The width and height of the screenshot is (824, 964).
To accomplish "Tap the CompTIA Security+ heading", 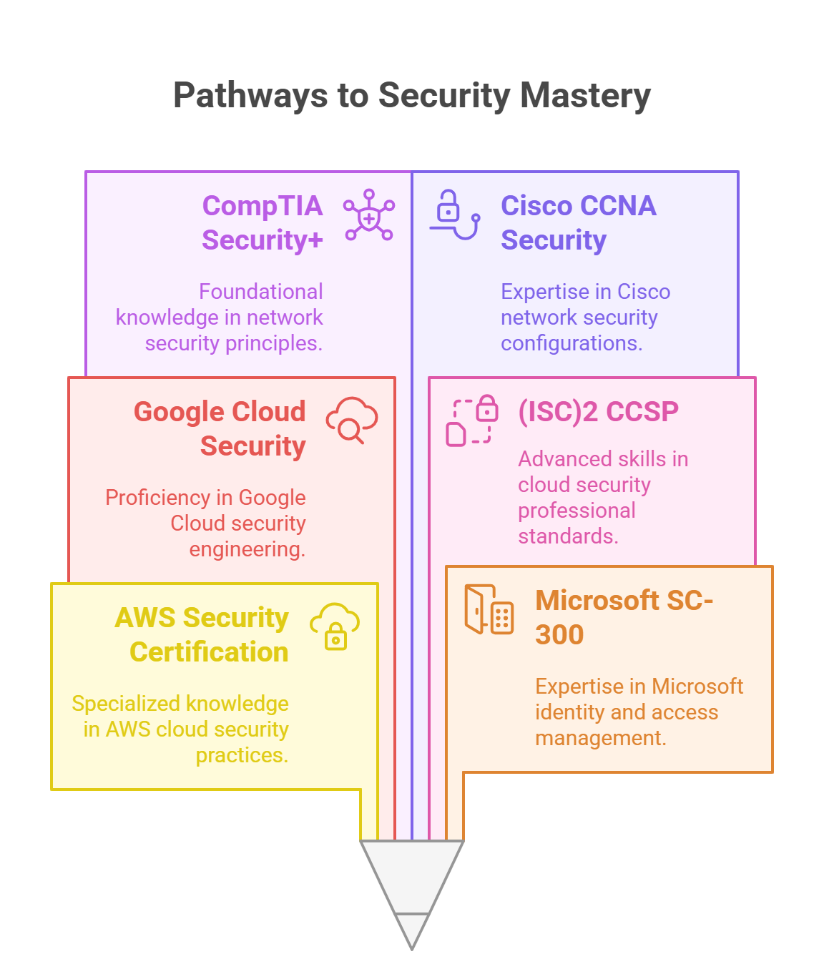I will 262,222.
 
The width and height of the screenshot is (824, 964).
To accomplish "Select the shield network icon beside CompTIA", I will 369,215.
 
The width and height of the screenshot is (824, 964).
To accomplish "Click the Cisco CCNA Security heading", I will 578,222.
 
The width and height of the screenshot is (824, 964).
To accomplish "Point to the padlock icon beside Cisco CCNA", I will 454,214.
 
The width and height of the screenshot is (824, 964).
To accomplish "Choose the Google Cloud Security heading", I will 220,428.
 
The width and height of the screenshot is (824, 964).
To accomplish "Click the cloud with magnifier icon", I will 352,420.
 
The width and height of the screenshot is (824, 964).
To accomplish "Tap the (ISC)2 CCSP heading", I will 598,411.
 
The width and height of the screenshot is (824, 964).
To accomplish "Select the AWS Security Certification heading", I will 202,634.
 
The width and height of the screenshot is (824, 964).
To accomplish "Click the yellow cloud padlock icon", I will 335,626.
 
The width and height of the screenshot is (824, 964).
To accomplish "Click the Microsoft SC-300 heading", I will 624,617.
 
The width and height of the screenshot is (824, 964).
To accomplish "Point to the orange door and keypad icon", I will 489,609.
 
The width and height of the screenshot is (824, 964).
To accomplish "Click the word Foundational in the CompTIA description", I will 260,292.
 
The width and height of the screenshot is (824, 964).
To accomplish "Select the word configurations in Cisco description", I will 571,343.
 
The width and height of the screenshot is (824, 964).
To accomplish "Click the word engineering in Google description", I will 247,549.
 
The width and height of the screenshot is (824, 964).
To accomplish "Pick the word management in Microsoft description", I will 600,738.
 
